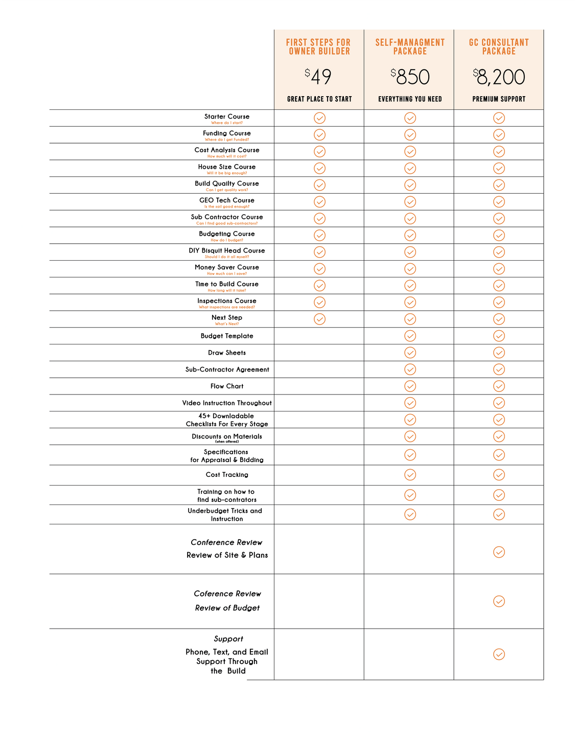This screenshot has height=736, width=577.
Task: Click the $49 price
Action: click(318, 77)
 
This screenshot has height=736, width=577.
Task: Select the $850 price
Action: click(410, 77)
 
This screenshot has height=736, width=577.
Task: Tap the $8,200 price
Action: click(499, 77)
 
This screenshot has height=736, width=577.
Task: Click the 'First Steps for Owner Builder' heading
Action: click(318, 47)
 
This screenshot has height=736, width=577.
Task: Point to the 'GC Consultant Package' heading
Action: click(499, 47)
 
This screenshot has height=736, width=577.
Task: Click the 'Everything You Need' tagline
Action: click(410, 99)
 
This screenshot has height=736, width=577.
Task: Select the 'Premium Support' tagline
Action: click(499, 99)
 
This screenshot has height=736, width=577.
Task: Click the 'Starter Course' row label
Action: click(227, 117)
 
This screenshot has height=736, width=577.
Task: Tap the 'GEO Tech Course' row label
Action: click(227, 200)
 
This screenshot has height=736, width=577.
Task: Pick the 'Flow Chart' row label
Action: click(227, 386)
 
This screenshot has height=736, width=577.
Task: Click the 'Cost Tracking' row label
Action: click(227, 475)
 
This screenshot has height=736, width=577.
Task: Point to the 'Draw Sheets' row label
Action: click(227, 353)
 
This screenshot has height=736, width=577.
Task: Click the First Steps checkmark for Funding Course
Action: click(319, 135)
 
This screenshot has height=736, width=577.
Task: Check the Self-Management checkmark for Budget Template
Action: click(410, 336)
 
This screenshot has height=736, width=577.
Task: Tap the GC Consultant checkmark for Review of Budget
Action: click(499, 601)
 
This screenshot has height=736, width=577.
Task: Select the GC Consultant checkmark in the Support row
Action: click(499, 654)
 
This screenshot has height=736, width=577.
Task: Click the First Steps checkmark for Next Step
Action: click(319, 319)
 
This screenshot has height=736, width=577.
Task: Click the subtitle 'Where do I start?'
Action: click(227, 123)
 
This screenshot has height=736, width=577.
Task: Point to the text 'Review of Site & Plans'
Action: click(227, 555)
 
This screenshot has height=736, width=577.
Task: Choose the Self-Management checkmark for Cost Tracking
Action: click(410, 475)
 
